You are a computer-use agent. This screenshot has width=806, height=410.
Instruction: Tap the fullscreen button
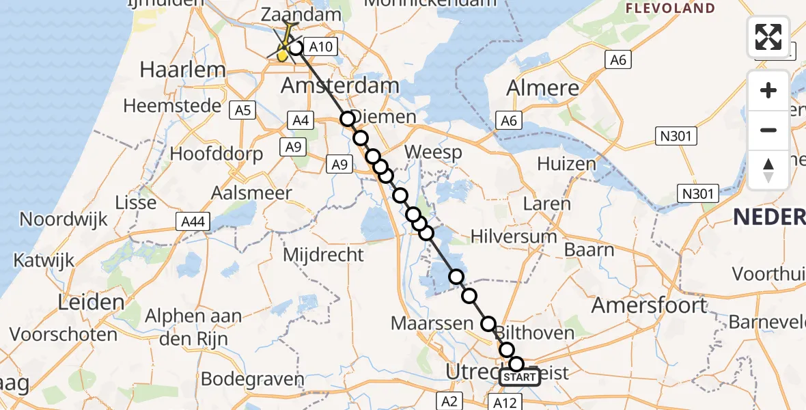[x=768, y=37]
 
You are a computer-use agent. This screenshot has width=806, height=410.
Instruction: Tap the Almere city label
[x=544, y=87]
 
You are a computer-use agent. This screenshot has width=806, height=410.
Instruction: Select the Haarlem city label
[x=173, y=69]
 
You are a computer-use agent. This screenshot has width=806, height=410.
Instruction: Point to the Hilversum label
[x=514, y=236]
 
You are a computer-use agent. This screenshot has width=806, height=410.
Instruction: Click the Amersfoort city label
[x=648, y=305]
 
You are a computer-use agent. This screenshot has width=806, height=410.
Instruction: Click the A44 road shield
[x=193, y=221]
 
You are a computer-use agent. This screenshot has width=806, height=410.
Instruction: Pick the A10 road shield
[x=320, y=46]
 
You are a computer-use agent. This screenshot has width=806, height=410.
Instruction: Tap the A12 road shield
[x=507, y=402]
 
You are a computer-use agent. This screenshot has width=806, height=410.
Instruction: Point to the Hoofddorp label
[x=216, y=153]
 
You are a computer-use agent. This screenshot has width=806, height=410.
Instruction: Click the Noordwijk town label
[x=64, y=219]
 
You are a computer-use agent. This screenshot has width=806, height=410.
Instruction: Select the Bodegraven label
[x=252, y=379]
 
